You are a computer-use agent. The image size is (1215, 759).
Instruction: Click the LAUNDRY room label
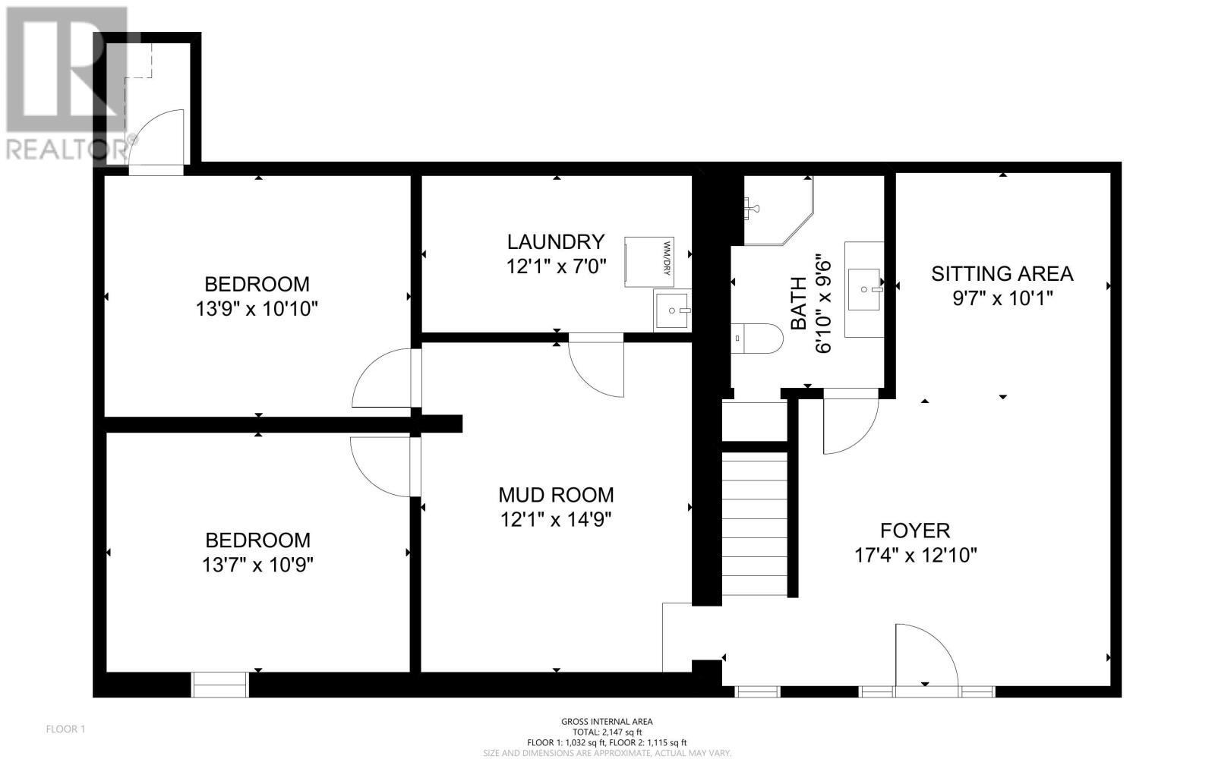[x=556, y=242]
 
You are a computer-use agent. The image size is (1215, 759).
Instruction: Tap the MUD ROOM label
[x=556, y=495]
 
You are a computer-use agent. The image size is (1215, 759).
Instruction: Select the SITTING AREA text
[x=1002, y=274]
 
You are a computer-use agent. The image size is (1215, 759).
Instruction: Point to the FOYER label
[x=915, y=531]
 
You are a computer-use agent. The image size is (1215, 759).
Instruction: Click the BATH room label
[x=798, y=303]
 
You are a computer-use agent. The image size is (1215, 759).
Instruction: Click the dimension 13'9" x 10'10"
[x=257, y=309]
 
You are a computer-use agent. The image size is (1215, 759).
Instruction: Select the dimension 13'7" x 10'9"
[x=257, y=565]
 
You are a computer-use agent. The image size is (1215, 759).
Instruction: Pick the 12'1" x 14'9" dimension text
[x=556, y=520]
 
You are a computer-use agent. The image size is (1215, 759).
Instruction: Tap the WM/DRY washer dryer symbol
[x=649, y=262]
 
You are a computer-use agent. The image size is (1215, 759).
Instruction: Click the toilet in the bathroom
[x=756, y=339]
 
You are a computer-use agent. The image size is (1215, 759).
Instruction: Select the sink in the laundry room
[x=673, y=310]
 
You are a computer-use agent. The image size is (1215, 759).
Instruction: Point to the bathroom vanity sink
[x=864, y=289]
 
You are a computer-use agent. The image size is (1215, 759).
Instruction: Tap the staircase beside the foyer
[x=755, y=524]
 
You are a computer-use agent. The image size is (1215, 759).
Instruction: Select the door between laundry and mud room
[x=596, y=365]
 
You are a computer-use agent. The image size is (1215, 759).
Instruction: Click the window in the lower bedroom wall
[x=219, y=685]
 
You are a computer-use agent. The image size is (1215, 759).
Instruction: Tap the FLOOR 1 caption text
[x=65, y=729]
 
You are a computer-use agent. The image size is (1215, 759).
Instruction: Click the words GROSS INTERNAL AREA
[x=607, y=722]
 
